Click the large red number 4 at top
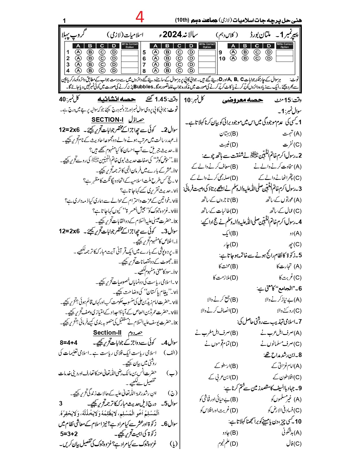pyautogui.click(x=140, y=17)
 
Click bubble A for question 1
pyautogui.click(x=78, y=52)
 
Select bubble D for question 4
pyautogui.click(x=114, y=71)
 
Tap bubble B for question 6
pyautogui.click(x=167, y=58)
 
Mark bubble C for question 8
pyautogui.click(x=179, y=71)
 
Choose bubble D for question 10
pyautogui.click(x=269, y=58)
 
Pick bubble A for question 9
pyautogui.click(x=233, y=52)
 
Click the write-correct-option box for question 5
pyautogui.click(x=207, y=52)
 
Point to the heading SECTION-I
pyautogui.click(x=107, y=119)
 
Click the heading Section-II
pyautogui.click(x=107, y=332)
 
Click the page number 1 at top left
pyautogui.click(x=64, y=21)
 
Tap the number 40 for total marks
pyautogui.click(x=62, y=99)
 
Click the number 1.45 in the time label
pyautogui.click(x=161, y=99)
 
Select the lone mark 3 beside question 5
pyautogui.click(x=61, y=403)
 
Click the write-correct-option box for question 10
pyautogui.click(x=284, y=58)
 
